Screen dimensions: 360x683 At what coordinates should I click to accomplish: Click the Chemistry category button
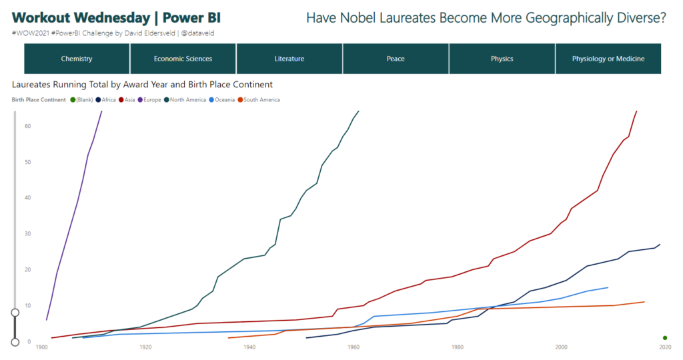pyautogui.click(x=77, y=59)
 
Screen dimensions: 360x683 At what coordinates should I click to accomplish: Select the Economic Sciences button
pyautogui.click(x=183, y=59)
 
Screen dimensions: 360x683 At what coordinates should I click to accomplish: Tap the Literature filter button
pyautogui.click(x=289, y=59)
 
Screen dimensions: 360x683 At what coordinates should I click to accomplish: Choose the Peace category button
pyautogui.click(x=396, y=59)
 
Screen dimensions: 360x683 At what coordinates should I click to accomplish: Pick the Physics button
pyautogui.click(x=502, y=59)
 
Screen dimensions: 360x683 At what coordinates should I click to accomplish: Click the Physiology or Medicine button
pyautogui.click(x=608, y=59)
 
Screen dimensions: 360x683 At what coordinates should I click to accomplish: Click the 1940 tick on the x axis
pyautogui.click(x=249, y=347)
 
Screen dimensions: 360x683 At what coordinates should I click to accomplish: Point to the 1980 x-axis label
pyautogui.click(x=458, y=347)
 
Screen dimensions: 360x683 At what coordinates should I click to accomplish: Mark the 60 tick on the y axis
pyautogui.click(x=27, y=126)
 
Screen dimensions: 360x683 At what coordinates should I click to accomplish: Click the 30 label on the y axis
pyautogui.click(x=27, y=234)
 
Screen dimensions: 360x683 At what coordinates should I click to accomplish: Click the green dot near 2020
pyautogui.click(x=665, y=338)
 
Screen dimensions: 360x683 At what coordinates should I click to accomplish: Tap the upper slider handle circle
pyautogui.click(x=15, y=312)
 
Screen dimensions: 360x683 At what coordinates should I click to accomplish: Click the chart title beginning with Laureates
pyautogui.click(x=142, y=85)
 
